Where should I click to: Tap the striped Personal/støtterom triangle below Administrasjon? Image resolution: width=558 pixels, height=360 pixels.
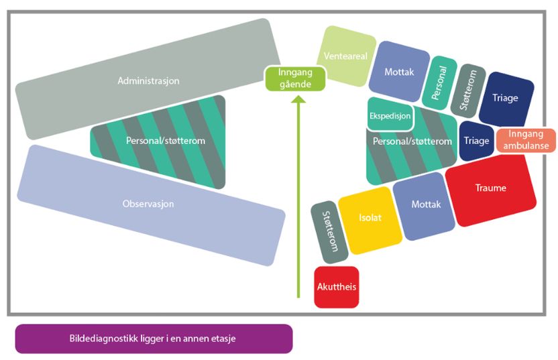tap(165, 141)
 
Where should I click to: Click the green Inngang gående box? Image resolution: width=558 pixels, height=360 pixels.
tap(295, 78)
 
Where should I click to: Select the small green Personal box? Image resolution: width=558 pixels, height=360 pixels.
tap(442, 82)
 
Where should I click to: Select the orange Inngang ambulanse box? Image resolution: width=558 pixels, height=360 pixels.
tap(526, 140)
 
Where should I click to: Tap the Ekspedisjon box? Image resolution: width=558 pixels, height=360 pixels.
tap(390, 115)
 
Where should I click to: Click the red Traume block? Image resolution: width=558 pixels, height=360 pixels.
tap(490, 188)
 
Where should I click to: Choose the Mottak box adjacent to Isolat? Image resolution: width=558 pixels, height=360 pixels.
tap(425, 204)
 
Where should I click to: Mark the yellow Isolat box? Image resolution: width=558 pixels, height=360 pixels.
tap(370, 219)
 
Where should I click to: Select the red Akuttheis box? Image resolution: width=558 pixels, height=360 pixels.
tap(336, 286)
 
